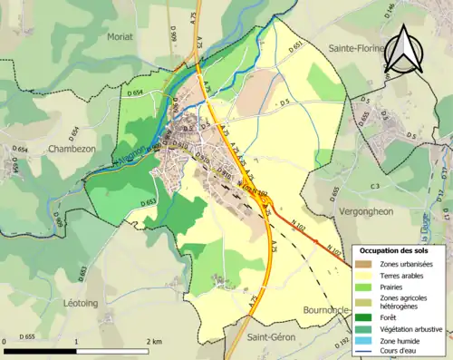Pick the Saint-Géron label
[272, 337]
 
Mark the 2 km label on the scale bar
[153, 342]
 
